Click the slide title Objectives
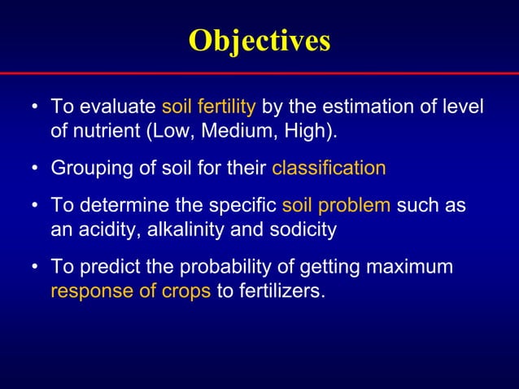click(x=259, y=40)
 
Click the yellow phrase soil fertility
click(x=209, y=107)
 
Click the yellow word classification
click(x=329, y=168)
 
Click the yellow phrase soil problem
click(x=337, y=206)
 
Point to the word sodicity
click(x=299, y=229)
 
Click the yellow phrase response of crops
click(x=130, y=291)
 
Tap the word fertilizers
click(x=280, y=291)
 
